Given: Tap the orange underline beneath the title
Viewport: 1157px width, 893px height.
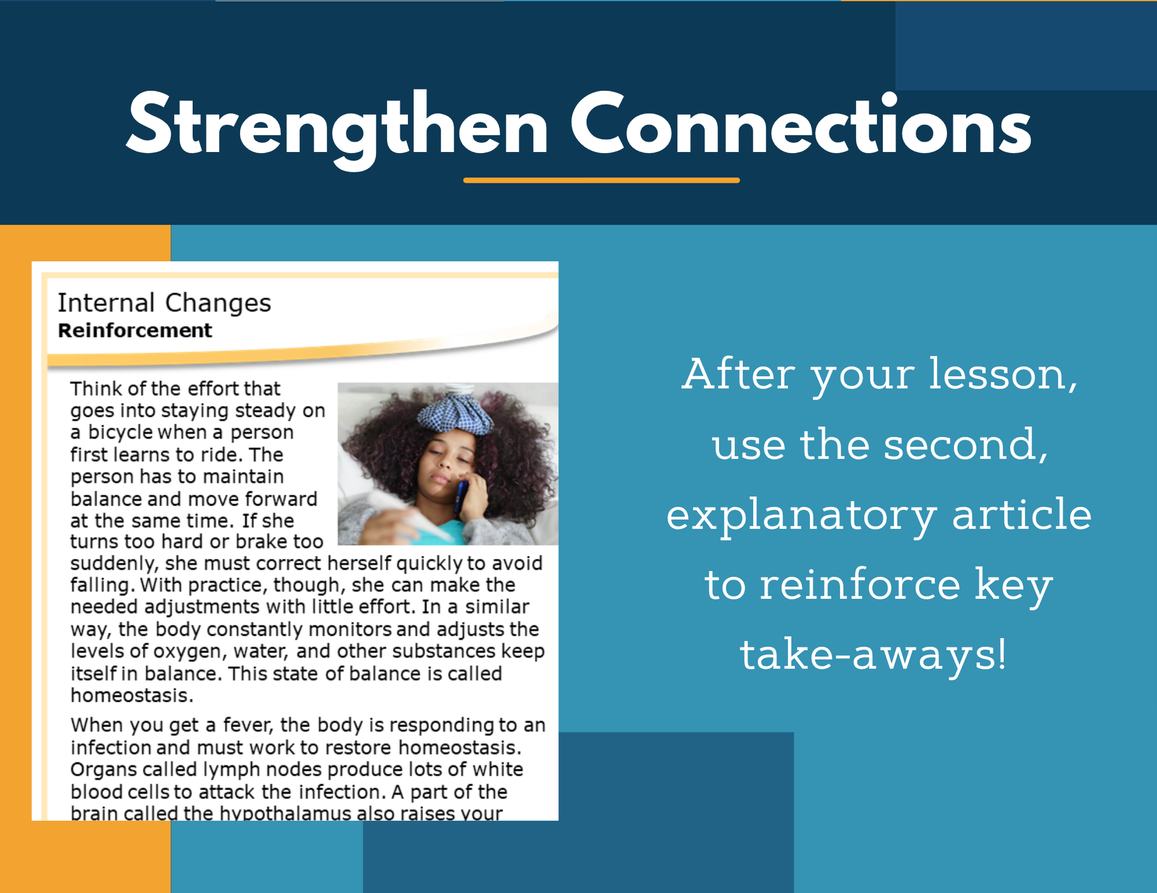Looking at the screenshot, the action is (x=601, y=180).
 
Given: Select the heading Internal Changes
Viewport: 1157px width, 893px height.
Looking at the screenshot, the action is (x=164, y=303).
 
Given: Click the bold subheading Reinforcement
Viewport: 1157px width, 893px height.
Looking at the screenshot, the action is (x=135, y=330).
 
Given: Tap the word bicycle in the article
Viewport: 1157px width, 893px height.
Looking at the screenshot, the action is (x=121, y=433).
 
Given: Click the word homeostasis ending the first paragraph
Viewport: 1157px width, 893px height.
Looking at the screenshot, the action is (x=132, y=695).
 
